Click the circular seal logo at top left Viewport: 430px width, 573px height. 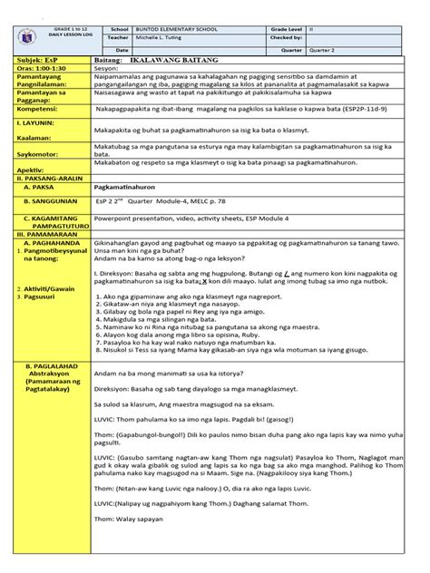(20, 40)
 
